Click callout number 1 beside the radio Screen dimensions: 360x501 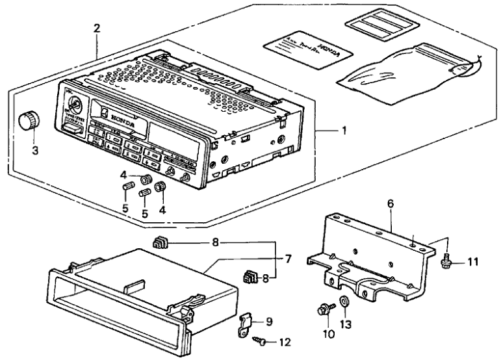click(x=344, y=130)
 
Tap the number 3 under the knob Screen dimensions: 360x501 click(x=36, y=151)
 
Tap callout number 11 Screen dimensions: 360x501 click(x=472, y=262)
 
